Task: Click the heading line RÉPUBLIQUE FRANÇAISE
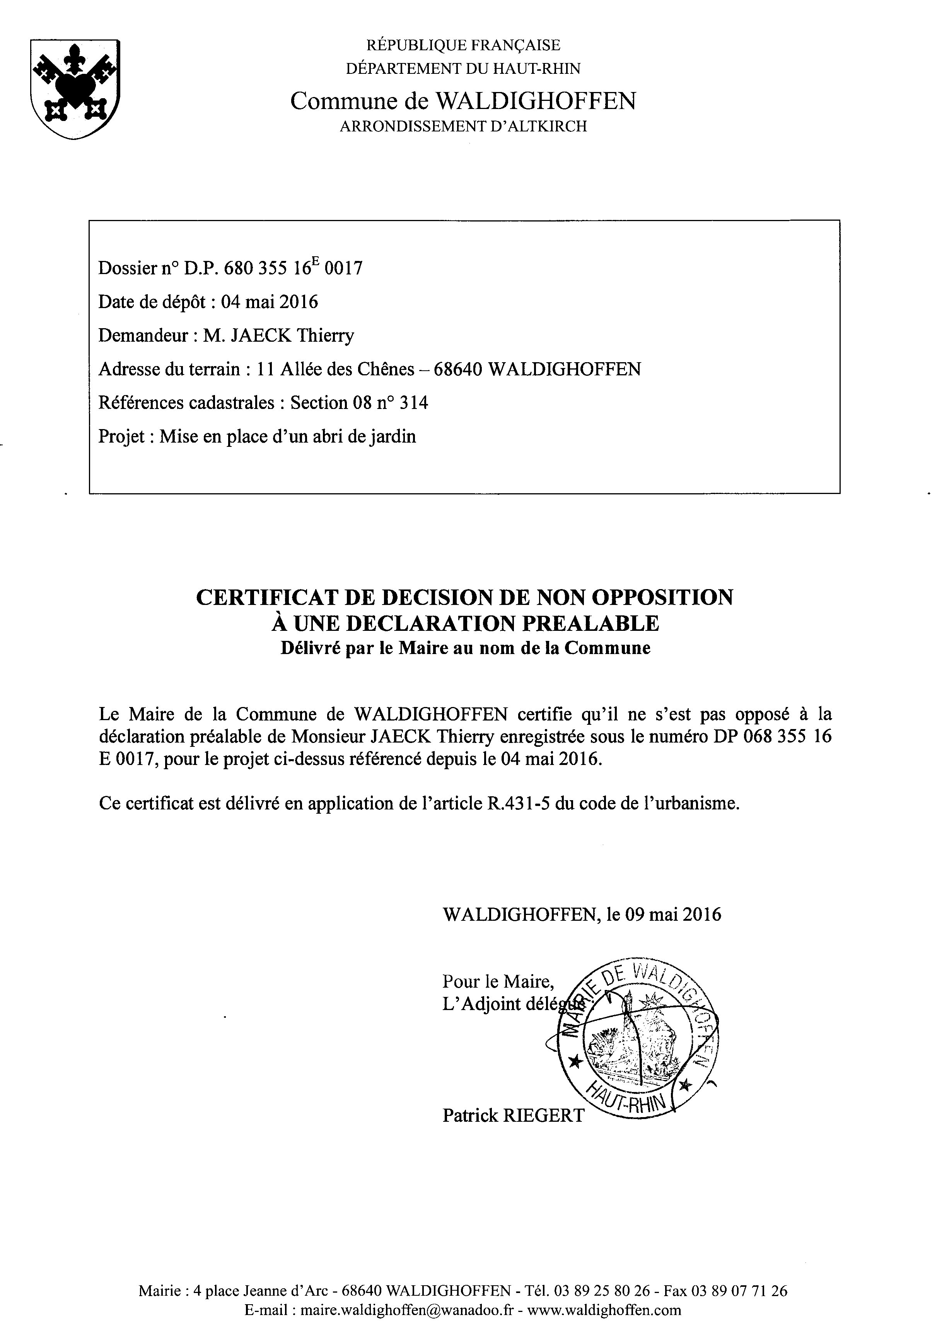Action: point(463,45)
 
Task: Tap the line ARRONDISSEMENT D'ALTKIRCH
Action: point(463,126)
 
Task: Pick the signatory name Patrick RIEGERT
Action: point(513,1116)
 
